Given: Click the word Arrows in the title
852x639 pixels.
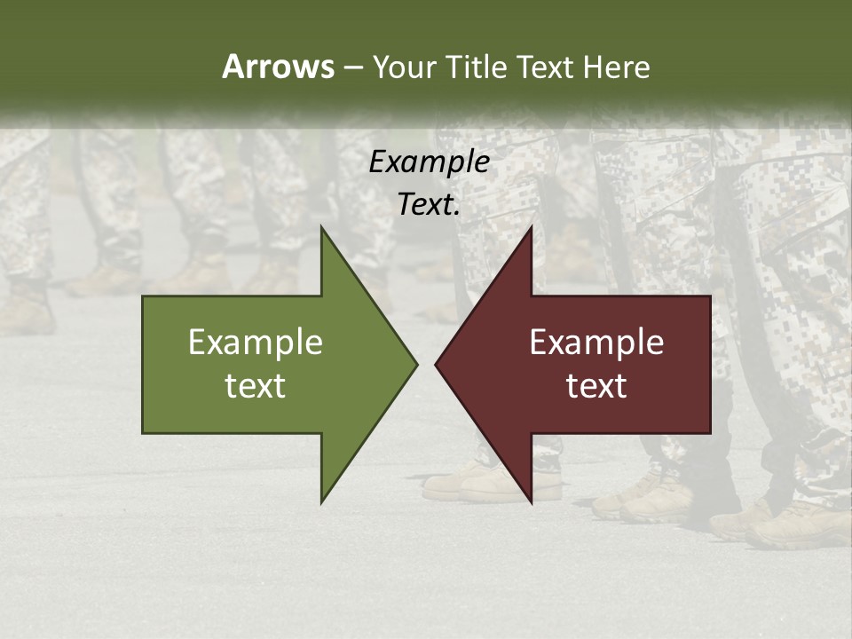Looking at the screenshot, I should point(278,67).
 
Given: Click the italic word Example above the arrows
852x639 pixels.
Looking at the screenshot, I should point(429,162).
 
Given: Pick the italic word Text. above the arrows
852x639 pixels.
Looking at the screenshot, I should point(429,205).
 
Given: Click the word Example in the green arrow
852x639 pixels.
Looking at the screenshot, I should point(256,343).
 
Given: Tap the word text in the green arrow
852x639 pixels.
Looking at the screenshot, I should point(256,386).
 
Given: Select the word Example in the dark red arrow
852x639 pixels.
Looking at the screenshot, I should point(596,343).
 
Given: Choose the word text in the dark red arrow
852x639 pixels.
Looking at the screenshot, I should point(596,386).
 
